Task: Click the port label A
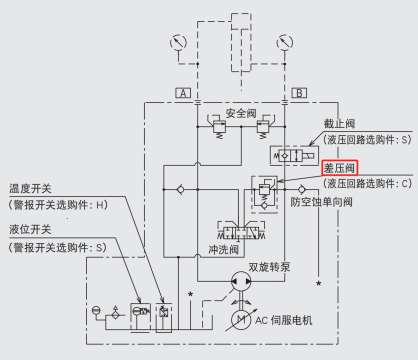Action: coord(183,93)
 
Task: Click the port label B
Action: coord(299,93)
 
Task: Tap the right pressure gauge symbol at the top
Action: coord(285,43)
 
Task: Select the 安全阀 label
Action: coord(240,113)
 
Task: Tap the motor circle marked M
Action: coord(240,319)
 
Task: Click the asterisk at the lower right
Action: coord(319,286)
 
